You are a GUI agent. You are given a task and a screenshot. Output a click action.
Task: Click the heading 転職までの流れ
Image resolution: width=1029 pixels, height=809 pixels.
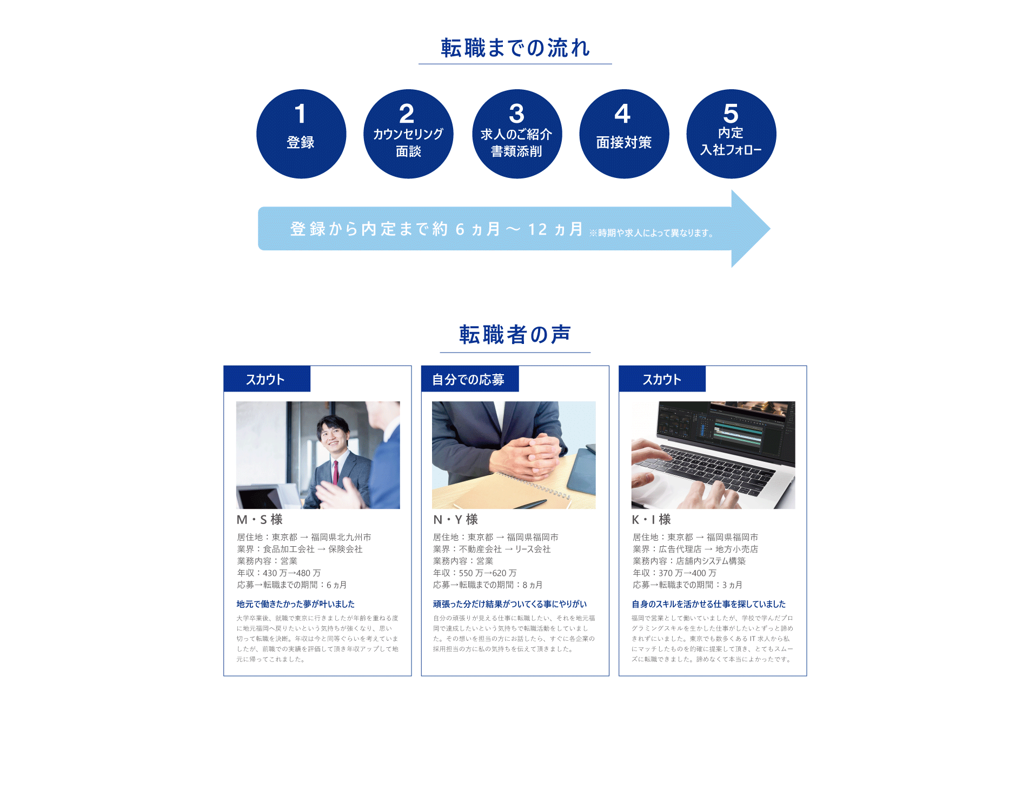point(515,48)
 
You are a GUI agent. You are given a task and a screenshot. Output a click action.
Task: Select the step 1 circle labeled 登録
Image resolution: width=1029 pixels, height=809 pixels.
point(301,134)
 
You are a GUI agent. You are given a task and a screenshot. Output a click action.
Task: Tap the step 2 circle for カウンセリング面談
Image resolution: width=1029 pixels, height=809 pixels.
point(408,134)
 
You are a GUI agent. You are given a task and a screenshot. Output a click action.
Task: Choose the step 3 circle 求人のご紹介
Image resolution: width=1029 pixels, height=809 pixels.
point(516,134)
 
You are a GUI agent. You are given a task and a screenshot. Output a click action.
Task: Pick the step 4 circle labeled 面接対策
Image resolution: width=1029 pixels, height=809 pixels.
point(624,134)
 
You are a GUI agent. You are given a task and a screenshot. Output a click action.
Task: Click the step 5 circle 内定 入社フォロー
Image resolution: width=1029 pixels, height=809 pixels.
point(731,134)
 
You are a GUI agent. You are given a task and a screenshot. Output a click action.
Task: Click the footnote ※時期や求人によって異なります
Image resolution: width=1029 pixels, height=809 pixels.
point(651,233)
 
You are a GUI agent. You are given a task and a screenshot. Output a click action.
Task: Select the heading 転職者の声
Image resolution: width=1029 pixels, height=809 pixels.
point(515,335)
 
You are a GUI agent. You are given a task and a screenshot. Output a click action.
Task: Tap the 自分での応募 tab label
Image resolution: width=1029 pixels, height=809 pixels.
point(469,379)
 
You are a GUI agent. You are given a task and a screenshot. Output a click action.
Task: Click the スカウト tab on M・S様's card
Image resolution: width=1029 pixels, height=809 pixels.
point(266,379)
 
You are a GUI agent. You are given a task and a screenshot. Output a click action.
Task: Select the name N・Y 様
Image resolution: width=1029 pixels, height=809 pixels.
point(455,520)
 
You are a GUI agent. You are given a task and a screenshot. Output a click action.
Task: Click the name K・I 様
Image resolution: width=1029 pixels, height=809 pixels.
point(651,520)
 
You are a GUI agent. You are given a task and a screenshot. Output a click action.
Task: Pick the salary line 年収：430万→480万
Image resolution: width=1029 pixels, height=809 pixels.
point(279,573)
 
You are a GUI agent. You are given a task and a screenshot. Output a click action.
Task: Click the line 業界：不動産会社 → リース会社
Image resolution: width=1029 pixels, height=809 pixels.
point(492,549)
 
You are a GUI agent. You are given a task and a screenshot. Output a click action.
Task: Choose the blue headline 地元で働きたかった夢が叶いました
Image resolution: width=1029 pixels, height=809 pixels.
point(295,604)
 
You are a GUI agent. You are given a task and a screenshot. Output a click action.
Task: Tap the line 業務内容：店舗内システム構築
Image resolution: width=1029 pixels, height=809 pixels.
point(689,561)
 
